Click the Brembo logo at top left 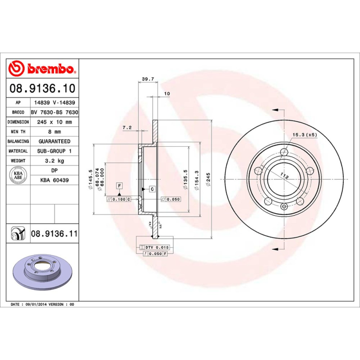point(42,69)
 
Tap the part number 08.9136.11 point(54,234)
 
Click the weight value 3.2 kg point(54,161)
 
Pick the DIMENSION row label point(18,122)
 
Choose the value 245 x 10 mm point(54,122)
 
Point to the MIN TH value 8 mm point(54,132)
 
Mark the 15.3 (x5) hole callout point(305,135)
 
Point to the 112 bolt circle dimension point(284,176)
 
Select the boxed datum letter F point(119,185)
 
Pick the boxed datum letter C point(152,189)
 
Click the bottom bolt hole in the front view point(283,206)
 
